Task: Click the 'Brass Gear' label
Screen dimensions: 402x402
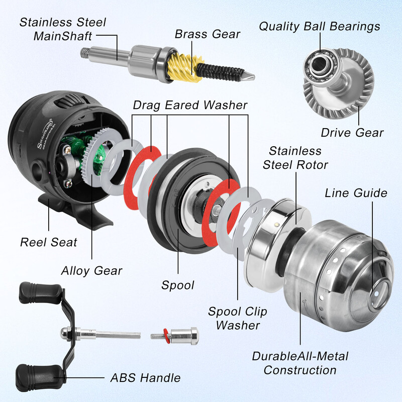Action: [208, 35]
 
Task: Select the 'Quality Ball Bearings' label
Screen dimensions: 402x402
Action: [320, 26]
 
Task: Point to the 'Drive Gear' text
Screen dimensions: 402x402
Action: [352, 133]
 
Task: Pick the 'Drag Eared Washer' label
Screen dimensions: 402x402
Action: [190, 105]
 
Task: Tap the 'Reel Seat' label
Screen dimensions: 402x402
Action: [49, 242]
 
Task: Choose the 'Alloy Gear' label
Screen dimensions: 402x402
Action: [92, 270]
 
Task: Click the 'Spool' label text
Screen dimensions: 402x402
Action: [177, 285]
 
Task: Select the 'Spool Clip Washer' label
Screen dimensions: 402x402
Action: [238, 318]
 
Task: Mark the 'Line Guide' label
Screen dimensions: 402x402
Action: [356, 192]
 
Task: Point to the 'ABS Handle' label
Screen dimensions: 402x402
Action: [146, 377]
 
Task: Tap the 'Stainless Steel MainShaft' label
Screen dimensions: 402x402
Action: [63, 29]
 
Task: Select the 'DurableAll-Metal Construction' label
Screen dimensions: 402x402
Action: [300, 363]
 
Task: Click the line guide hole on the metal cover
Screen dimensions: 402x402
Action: [378, 291]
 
